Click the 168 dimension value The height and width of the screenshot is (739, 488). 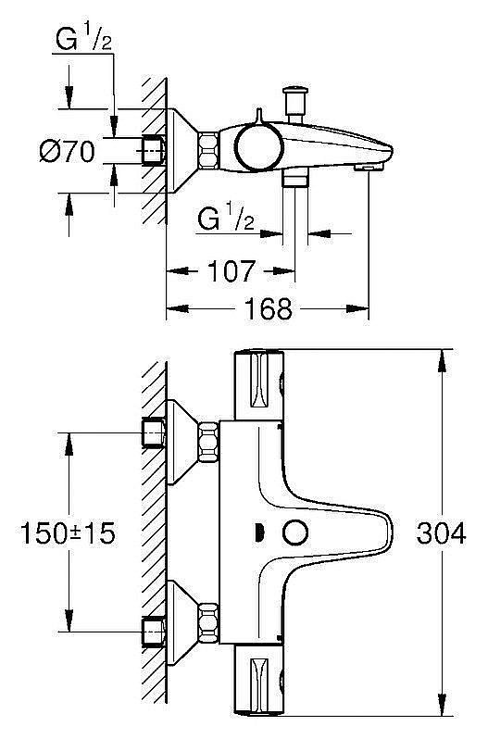(268, 308)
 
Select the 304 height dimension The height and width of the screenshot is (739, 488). (441, 533)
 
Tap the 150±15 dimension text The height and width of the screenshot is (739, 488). (68, 533)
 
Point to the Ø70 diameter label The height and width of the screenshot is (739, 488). (68, 152)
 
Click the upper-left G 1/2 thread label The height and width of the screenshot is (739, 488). (83, 38)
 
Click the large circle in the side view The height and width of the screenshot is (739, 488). (258, 146)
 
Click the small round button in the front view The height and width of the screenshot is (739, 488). (295, 533)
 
